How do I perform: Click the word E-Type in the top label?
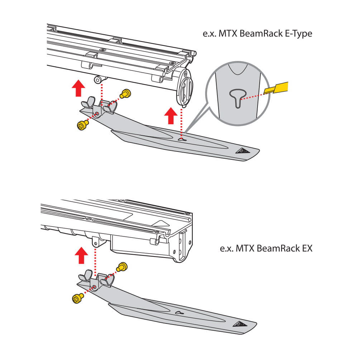coord(294,34)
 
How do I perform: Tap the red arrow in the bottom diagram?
coord(83,256)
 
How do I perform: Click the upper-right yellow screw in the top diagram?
coord(126,94)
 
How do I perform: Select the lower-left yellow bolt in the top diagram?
coord(82,125)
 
